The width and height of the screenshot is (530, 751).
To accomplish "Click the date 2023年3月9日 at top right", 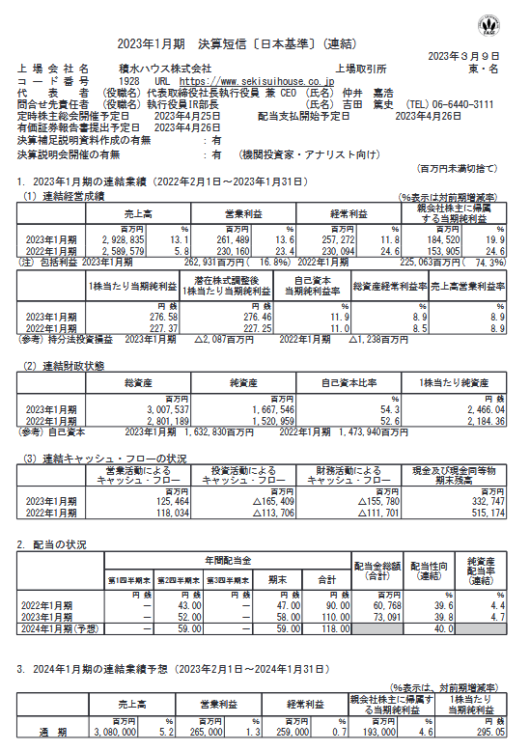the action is [473, 56].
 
